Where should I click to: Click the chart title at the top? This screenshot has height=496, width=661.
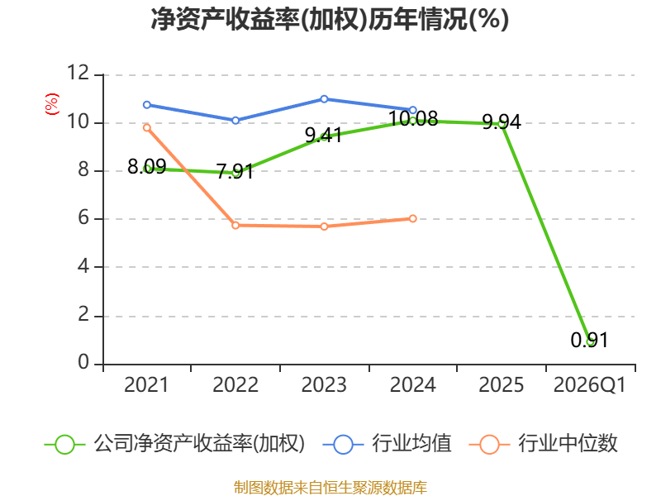330,19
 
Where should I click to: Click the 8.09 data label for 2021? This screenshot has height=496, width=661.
147,167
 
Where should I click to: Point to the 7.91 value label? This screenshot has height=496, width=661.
235,171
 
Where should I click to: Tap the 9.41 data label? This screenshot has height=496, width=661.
324,136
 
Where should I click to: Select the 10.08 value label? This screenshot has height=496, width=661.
412,118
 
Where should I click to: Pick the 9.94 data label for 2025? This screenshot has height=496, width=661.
502,122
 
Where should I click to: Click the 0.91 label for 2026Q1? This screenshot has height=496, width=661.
589,340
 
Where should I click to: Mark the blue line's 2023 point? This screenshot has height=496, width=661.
324,99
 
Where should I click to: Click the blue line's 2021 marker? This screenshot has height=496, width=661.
147,105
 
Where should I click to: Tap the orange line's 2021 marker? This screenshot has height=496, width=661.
147,128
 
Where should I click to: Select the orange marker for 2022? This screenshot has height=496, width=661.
235,225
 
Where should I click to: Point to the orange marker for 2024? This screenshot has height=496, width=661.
412,218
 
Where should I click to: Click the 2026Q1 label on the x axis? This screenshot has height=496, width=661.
589,384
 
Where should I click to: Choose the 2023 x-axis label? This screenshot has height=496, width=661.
324,384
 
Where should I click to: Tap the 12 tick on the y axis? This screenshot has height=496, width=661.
78,73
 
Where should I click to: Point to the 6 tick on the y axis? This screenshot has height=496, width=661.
83,218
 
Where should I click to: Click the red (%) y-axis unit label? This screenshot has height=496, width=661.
52,104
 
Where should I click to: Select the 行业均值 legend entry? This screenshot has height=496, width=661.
387,444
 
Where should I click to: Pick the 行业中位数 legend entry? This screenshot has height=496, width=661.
543,444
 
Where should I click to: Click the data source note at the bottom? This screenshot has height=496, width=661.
330,487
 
